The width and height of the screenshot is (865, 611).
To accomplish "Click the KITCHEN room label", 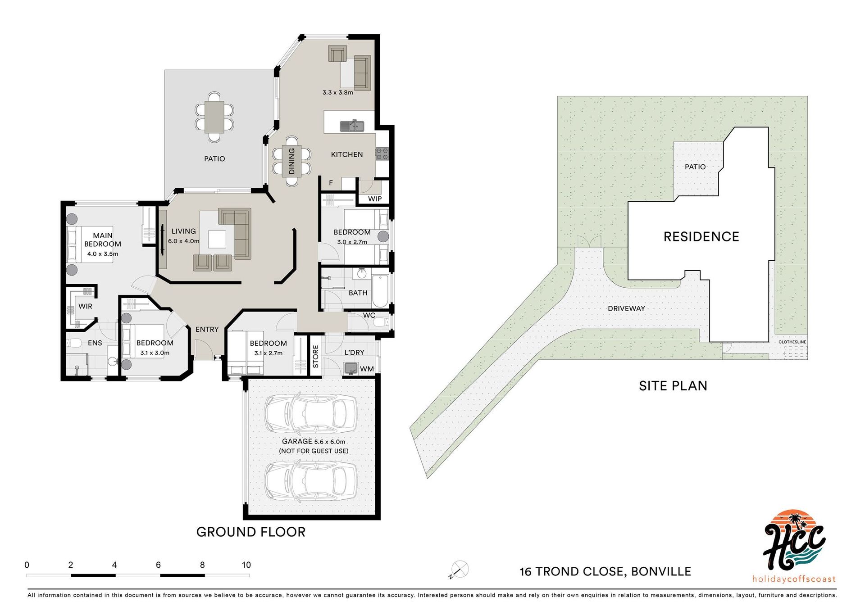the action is click(x=347, y=154).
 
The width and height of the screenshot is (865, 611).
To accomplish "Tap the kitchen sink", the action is click(x=352, y=126).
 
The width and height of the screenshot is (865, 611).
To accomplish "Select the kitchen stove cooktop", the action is click(x=382, y=154).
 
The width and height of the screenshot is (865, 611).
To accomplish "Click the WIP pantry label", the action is click(x=375, y=199).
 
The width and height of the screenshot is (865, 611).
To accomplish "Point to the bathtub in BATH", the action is click(x=380, y=291).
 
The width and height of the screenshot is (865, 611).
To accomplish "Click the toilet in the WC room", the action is click(x=381, y=322).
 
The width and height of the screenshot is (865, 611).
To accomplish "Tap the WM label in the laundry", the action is click(x=367, y=369).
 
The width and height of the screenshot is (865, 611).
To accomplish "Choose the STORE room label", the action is click(x=315, y=357).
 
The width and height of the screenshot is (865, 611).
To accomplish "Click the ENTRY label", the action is click(x=207, y=330).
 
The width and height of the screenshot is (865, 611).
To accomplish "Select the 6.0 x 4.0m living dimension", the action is click(x=184, y=241).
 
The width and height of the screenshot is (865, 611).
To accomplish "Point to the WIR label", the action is click(x=85, y=306).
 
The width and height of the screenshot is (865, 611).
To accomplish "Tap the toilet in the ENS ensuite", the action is click(x=74, y=344).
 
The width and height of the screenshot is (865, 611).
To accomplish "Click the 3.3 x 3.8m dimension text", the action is click(x=337, y=92).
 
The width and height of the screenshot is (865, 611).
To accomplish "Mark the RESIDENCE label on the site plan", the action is click(x=701, y=237).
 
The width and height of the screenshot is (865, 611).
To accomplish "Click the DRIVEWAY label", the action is click(x=627, y=308).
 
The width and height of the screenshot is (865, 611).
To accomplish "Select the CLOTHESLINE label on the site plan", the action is click(x=792, y=342).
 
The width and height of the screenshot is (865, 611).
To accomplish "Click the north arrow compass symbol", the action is click(x=459, y=570).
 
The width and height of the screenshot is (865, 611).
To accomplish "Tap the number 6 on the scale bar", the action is click(x=158, y=565).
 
